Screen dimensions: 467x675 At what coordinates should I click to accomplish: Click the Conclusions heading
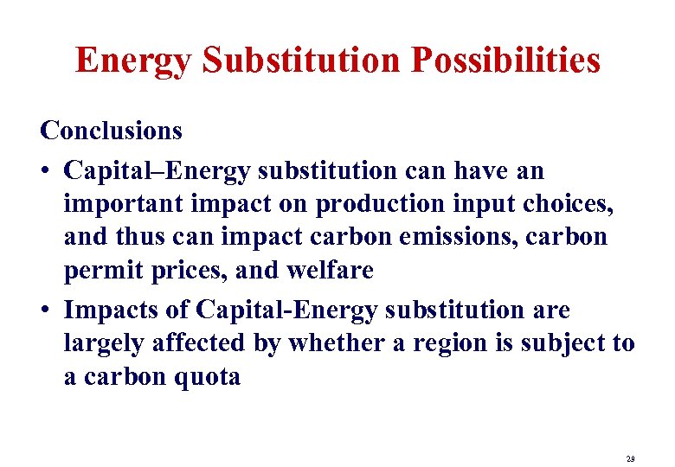click(112, 131)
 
